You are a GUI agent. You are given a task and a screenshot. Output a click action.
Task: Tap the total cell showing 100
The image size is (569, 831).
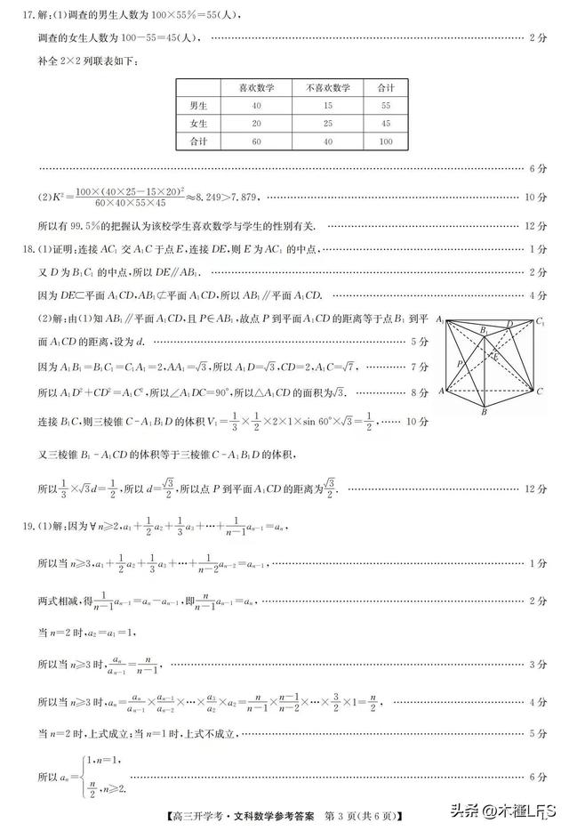coord(386,142)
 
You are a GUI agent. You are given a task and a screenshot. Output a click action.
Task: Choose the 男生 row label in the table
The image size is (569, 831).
coord(199,106)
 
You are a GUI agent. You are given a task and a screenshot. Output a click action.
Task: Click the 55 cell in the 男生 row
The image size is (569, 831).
coord(386,106)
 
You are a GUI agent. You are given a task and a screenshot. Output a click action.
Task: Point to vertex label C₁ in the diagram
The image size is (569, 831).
coord(541,321)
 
